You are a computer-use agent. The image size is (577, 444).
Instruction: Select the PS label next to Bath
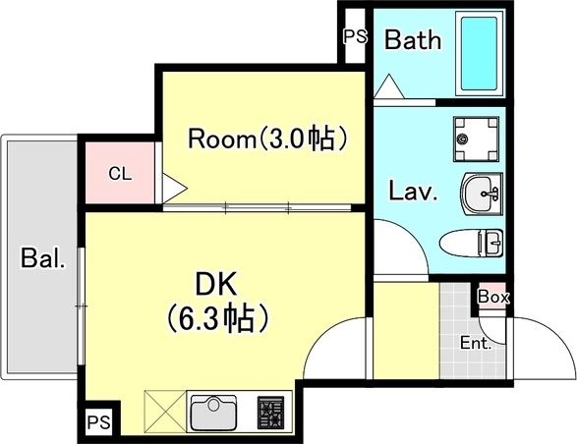tap(354, 37)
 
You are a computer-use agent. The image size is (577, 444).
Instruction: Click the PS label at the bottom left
tap(97, 423)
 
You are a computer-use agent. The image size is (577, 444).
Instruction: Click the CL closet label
tap(119, 175)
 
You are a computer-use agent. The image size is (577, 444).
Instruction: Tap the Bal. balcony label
tap(43, 260)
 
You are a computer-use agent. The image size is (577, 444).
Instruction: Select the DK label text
tap(217, 284)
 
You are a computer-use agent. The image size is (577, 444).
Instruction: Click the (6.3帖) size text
tap(217, 318)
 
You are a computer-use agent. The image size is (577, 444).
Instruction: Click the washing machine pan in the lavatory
tap(476, 139)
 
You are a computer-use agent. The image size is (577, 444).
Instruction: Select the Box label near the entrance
tap(491, 296)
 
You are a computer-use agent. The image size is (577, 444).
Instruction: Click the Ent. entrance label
tap(477, 344)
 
